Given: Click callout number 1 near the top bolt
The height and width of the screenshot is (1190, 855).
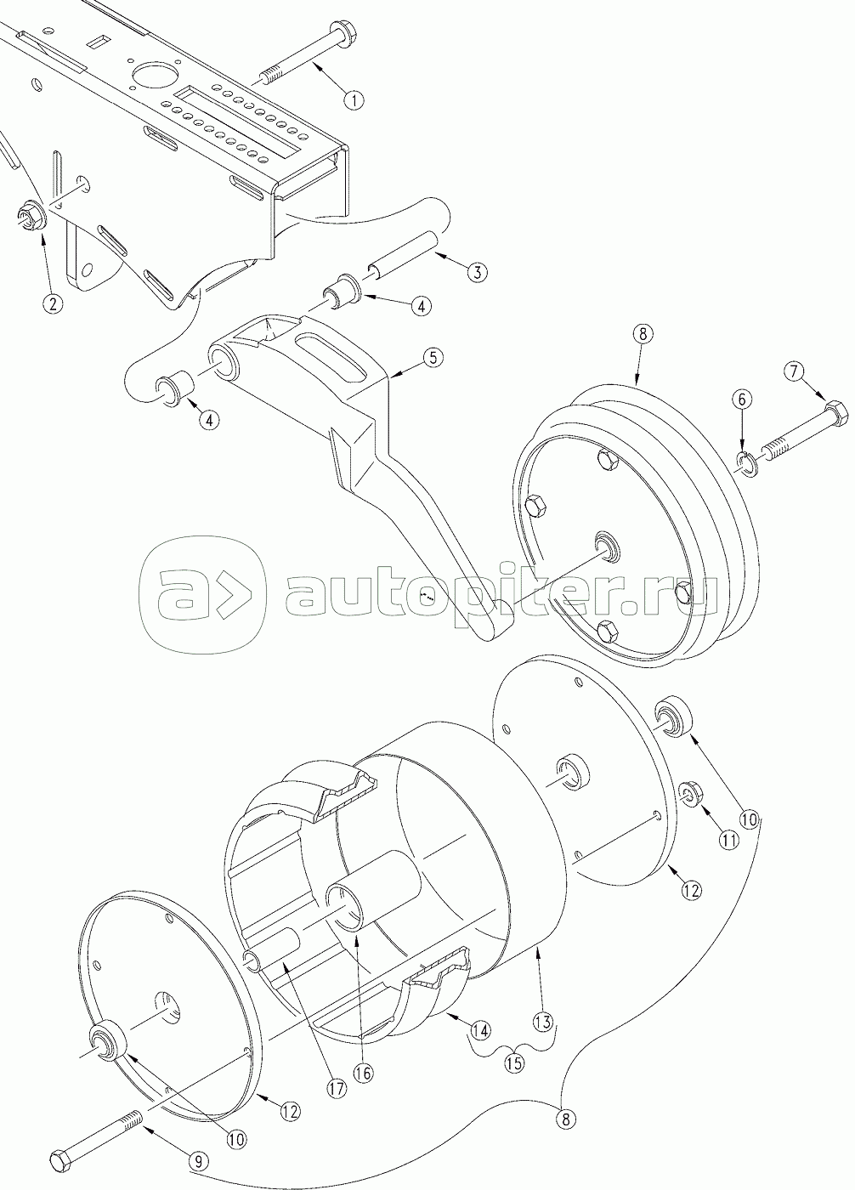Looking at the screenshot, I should [354, 99].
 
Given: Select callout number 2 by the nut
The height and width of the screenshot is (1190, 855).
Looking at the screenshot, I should [53, 303].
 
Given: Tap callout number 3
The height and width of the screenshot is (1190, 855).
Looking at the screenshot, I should [476, 272].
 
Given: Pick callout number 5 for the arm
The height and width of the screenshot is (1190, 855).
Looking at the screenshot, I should [432, 357].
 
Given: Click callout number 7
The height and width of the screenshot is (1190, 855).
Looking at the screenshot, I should [793, 371].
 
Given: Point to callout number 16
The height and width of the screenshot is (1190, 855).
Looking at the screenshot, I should [363, 1073].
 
